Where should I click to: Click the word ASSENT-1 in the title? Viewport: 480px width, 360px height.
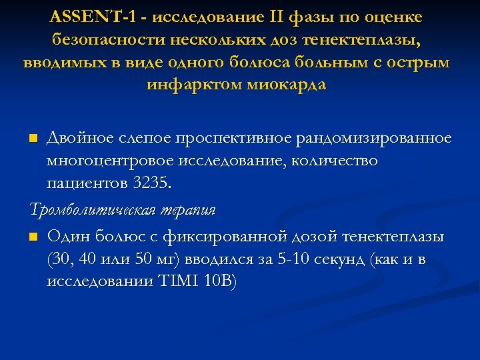click(x=88, y=15)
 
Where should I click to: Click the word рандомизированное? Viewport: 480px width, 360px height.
click(x=386, y=138)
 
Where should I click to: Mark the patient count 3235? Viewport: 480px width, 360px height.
click(x=140, y=183)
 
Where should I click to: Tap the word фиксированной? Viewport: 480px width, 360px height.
click(x=227, y=237)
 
